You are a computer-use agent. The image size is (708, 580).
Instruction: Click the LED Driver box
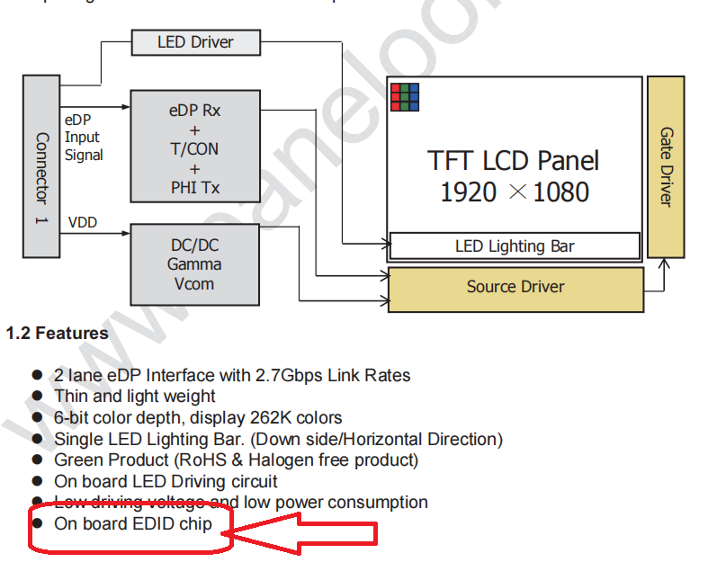(195, 42)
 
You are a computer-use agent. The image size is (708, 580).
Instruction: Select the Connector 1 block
(40, 165)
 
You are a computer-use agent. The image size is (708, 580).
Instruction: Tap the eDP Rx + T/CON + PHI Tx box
(194, 145)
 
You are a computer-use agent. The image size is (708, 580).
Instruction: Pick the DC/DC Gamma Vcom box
(194, 263)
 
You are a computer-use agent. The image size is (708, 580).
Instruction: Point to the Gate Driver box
(666, 166)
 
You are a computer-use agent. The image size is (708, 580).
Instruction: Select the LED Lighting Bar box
(515, 246)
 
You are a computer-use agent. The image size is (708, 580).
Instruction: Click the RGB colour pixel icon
(404, 96)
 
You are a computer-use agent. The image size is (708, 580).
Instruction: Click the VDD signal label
(83, 222)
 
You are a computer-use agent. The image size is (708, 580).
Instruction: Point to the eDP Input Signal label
(84, 137)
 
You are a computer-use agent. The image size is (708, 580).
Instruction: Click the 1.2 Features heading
(58, 334)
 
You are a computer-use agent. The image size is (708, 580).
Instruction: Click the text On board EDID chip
(133, 523)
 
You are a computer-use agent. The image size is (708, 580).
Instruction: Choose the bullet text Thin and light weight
(135, 396)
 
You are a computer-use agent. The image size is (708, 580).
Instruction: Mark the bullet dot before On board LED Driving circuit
(37, 481)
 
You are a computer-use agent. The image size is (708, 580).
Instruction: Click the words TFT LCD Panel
(513, 161)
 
